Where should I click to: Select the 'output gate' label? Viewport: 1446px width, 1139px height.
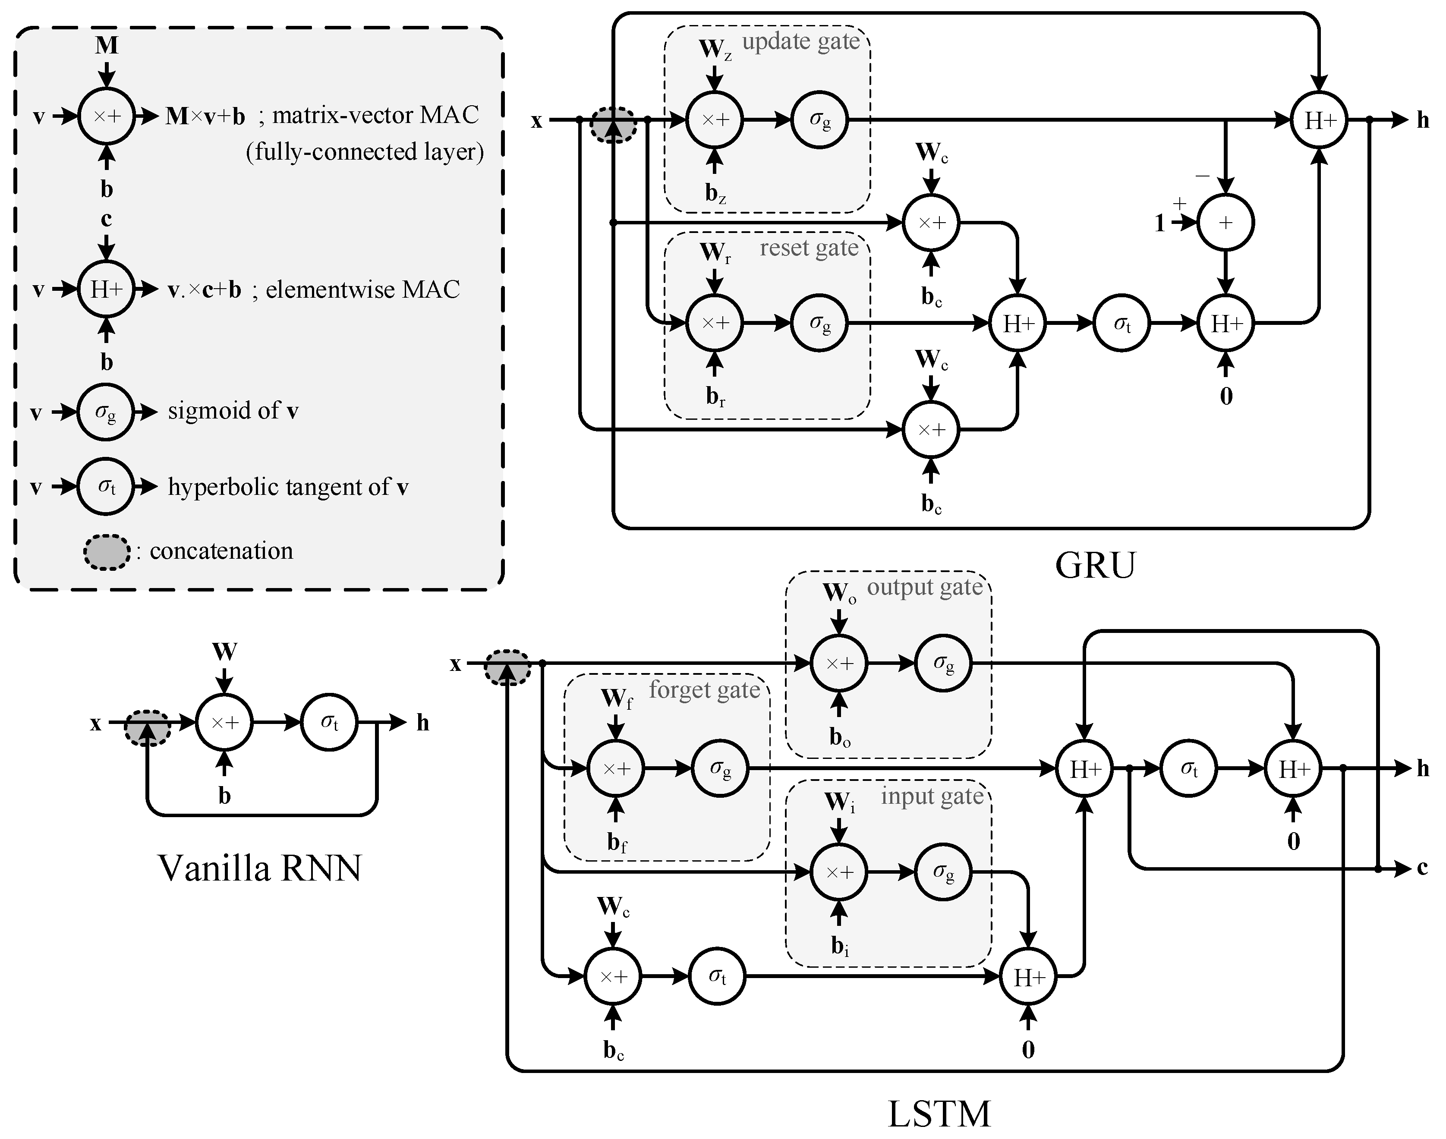pos(924,587)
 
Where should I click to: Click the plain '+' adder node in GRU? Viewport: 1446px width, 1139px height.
pos(1225,223)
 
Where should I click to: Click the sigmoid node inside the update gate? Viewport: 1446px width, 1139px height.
pos(820,120)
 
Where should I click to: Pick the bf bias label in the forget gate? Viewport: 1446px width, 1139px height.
pos(616,843)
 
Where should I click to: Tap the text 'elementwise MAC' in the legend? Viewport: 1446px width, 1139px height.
pos(363,289)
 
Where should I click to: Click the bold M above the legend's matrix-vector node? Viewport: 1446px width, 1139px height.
pos(107,45)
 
